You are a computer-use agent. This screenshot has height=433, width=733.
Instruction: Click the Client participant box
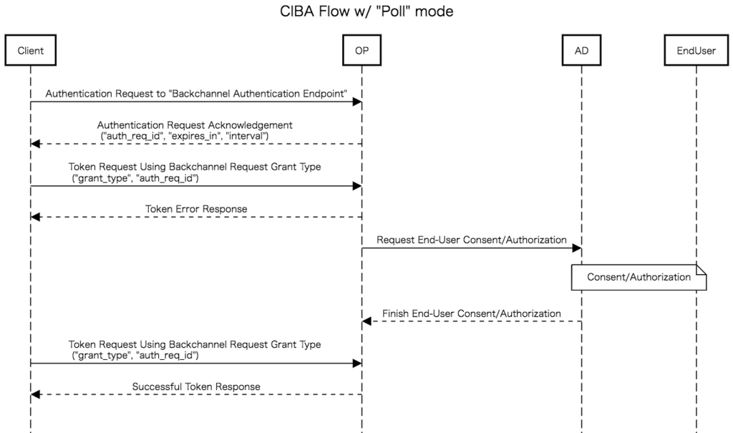(31, 51)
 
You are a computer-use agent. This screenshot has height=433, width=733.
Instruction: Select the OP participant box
(362, 51)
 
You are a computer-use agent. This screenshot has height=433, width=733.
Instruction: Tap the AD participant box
(582, 51)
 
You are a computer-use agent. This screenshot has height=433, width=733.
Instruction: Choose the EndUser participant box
(696, 51)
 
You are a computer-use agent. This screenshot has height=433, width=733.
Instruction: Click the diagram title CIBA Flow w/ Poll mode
(366, 12)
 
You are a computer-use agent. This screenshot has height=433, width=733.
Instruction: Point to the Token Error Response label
(196, 209)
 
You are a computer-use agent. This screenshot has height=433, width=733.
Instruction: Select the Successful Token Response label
(196, 386)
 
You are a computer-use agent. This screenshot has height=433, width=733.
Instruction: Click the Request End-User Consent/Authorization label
(472, 240)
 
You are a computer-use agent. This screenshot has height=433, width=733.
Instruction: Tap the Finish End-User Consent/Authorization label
(472, 313)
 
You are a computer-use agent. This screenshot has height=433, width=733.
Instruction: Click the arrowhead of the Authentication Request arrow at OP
(357, 102)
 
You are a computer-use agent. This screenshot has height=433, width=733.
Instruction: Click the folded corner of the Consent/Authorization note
(702, 270)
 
